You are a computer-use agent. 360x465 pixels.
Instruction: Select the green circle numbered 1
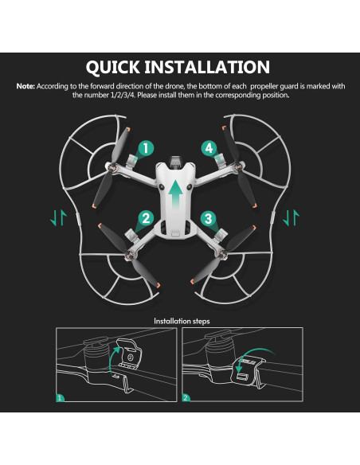(x=146, y=148)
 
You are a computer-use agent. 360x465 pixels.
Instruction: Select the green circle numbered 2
(x=145, y=217)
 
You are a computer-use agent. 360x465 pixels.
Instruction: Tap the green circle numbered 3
(x=207, y=217)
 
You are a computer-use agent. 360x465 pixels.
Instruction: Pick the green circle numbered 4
(x=208, y=148)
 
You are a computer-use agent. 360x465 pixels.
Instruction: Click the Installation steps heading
(x=180, y=322)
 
